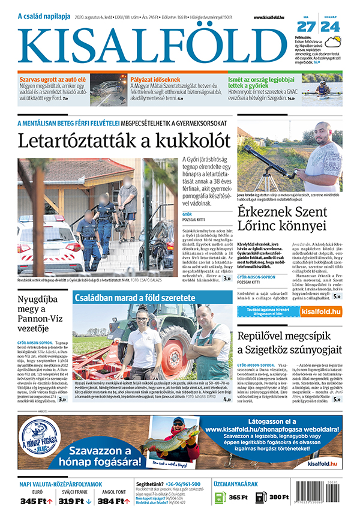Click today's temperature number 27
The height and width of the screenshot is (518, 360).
pos(306,26)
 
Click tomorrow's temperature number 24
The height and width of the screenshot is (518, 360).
pos(329,26)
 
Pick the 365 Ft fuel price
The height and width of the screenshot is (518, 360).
pos(238,498)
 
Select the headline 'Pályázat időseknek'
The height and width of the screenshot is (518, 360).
pos(158,79)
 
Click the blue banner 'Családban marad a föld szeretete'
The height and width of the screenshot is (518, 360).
pos(143,298)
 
